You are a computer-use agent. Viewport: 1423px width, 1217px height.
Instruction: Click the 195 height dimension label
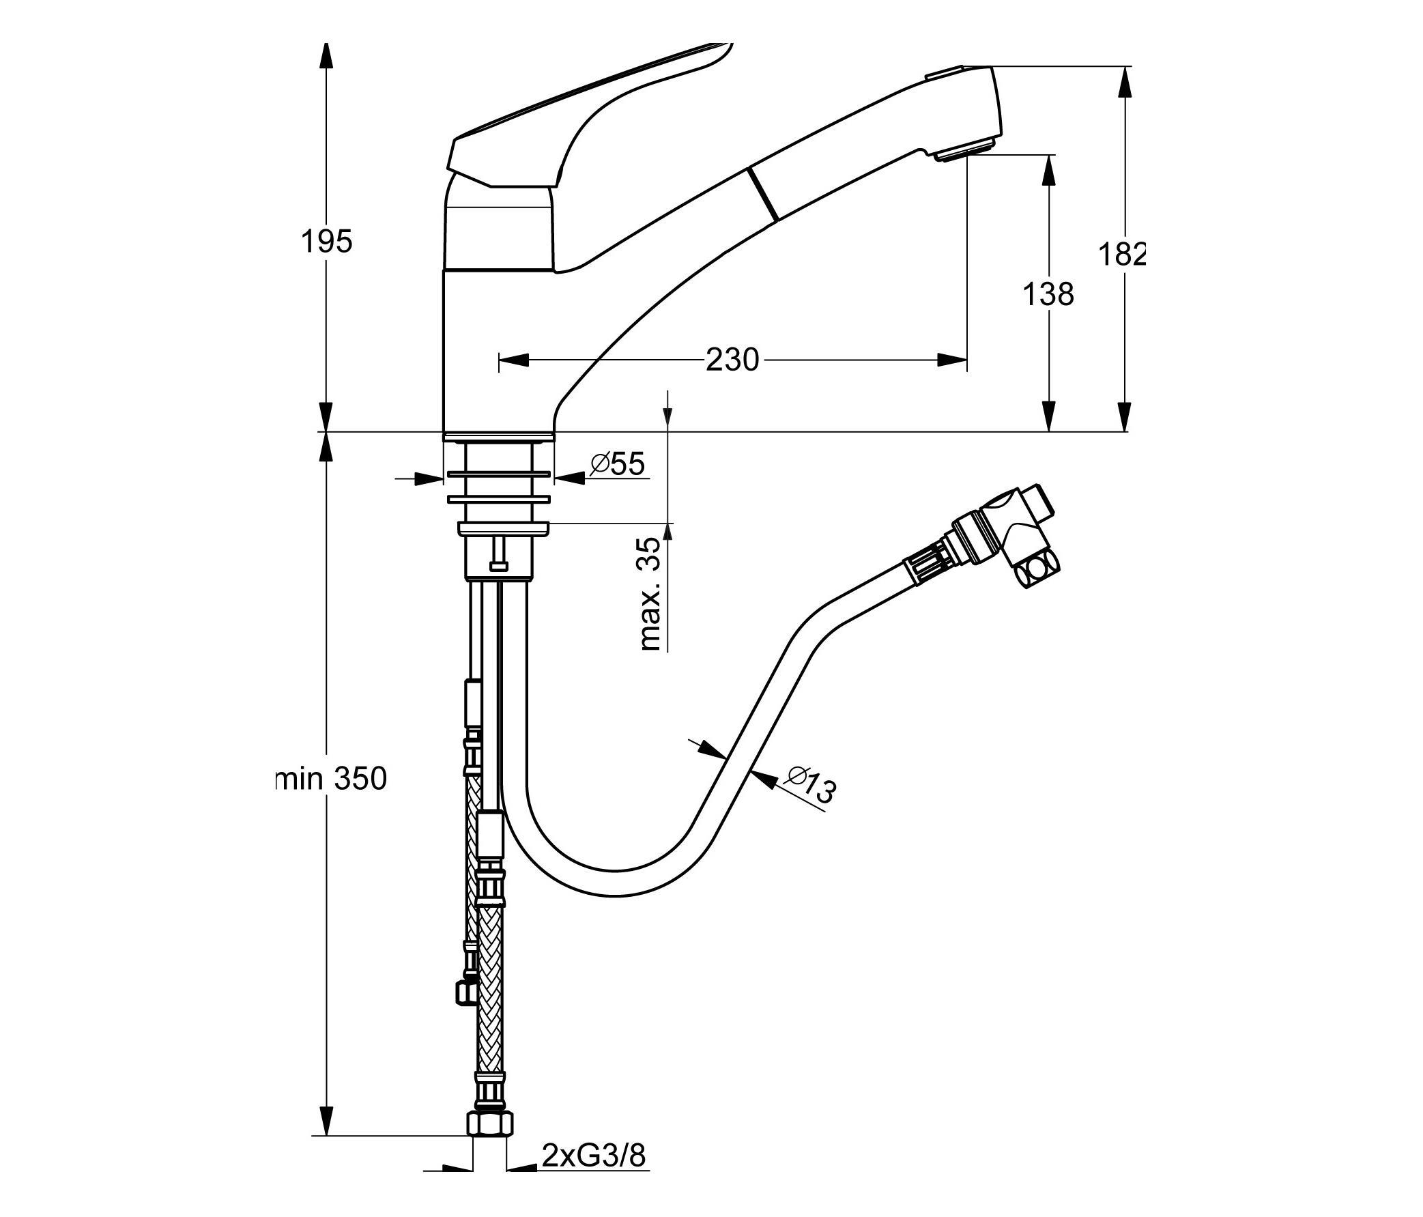click(327, 242)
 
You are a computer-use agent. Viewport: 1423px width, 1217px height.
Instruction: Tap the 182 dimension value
click(1122, 255)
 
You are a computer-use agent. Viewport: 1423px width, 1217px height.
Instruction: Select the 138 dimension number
click(1048, 295)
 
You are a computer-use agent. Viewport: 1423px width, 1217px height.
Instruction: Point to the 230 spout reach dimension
click(732, 360)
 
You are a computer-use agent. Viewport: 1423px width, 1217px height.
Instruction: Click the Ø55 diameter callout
click(618, 465)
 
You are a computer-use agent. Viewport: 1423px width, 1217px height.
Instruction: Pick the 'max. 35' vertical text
click(649, 593)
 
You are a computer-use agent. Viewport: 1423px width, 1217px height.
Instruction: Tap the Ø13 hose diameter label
click(811, 784)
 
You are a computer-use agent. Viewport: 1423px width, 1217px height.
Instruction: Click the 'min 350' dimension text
click(331, 779)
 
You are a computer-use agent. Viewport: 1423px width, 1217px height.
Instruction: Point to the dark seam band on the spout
click(764, 195)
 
